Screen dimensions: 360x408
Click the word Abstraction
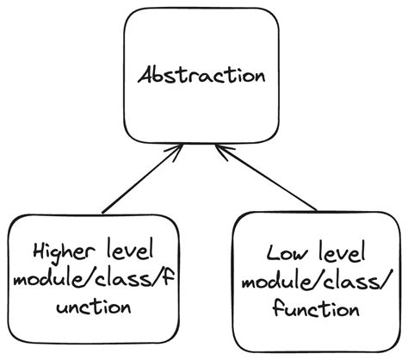click(201, 75)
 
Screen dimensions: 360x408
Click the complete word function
click(316, 307)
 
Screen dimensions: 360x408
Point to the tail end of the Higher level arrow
click(102, 212)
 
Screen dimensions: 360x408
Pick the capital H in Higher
click(38, 251)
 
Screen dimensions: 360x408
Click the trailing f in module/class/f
click(153, 279)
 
